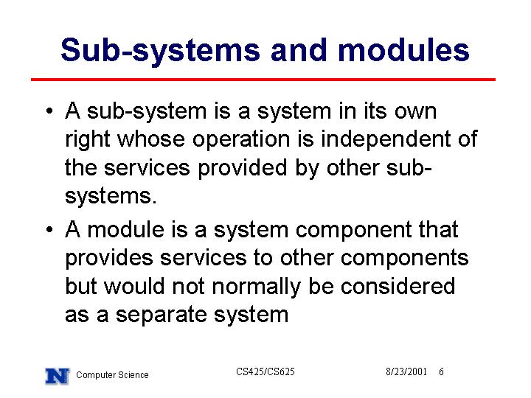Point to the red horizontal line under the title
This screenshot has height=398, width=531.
tap(263, 80)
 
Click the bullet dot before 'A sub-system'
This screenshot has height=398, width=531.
tap(49, 111)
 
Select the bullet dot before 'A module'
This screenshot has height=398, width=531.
tap(49, 229)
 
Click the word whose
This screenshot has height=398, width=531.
tap(151, 139)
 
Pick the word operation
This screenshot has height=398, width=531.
tap(241, 140)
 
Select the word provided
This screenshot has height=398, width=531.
tap(243, 169)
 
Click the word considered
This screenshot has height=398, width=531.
tap(398, 286)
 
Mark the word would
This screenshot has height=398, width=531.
tap(134, 286)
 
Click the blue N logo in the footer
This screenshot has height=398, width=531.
tap(58, 377)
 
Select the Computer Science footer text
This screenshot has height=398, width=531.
tap(112, 375)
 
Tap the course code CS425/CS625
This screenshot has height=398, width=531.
tap(265, 371)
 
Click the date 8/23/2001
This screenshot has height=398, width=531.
tap(406, 372)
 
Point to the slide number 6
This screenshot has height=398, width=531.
tap(441, 372)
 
